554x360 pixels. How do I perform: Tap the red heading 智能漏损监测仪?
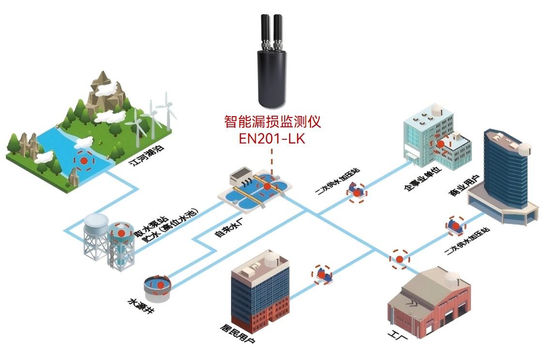coord(272,121)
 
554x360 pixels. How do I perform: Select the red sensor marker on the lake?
coord(84,160)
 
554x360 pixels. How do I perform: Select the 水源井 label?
coord(140,307)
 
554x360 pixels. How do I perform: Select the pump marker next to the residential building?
coord(322,274)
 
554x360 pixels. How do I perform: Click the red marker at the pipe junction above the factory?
coord(399,259)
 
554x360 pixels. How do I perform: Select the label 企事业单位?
coord(421,180)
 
